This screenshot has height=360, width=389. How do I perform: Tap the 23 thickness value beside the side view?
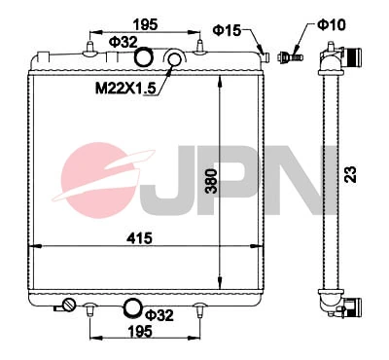(347, 175)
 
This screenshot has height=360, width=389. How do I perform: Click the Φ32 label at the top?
(123, 42)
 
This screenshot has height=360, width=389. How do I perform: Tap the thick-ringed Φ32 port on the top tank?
(143, 60)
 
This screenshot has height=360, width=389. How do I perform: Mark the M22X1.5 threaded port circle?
(176, 62)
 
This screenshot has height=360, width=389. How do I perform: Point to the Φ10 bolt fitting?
(288, 55)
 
